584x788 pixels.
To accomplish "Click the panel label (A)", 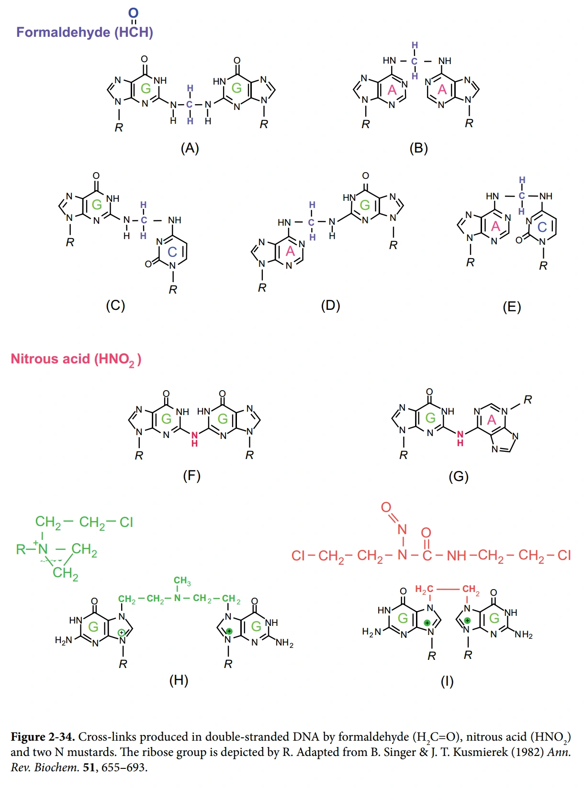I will click(190, 148).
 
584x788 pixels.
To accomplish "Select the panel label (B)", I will click(418, 148).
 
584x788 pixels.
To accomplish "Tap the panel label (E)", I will click(511, 306).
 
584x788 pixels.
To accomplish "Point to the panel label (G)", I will click(458, 476).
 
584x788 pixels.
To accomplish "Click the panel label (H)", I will click(179, 680).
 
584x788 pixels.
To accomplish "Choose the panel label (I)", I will click(447, 681).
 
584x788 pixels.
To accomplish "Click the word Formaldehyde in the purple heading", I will click(63, 32).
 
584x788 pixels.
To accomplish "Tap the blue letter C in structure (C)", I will click(172, 252).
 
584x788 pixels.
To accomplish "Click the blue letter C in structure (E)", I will click(542, 227).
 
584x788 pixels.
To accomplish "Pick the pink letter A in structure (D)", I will click(290, 251).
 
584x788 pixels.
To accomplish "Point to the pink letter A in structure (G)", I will click(492, 420).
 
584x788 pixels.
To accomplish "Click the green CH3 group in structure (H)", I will click(182, 581).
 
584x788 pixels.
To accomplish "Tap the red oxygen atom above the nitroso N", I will click(386, 507).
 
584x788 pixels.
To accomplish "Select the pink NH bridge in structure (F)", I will click(194, 438).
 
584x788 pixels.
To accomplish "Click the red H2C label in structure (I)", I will click(424, 590).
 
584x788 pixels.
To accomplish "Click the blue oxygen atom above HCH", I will click(134, 13).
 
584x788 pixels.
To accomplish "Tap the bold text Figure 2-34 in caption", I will click(43, 737).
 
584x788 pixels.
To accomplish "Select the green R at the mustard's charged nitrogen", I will click(21, 549).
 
